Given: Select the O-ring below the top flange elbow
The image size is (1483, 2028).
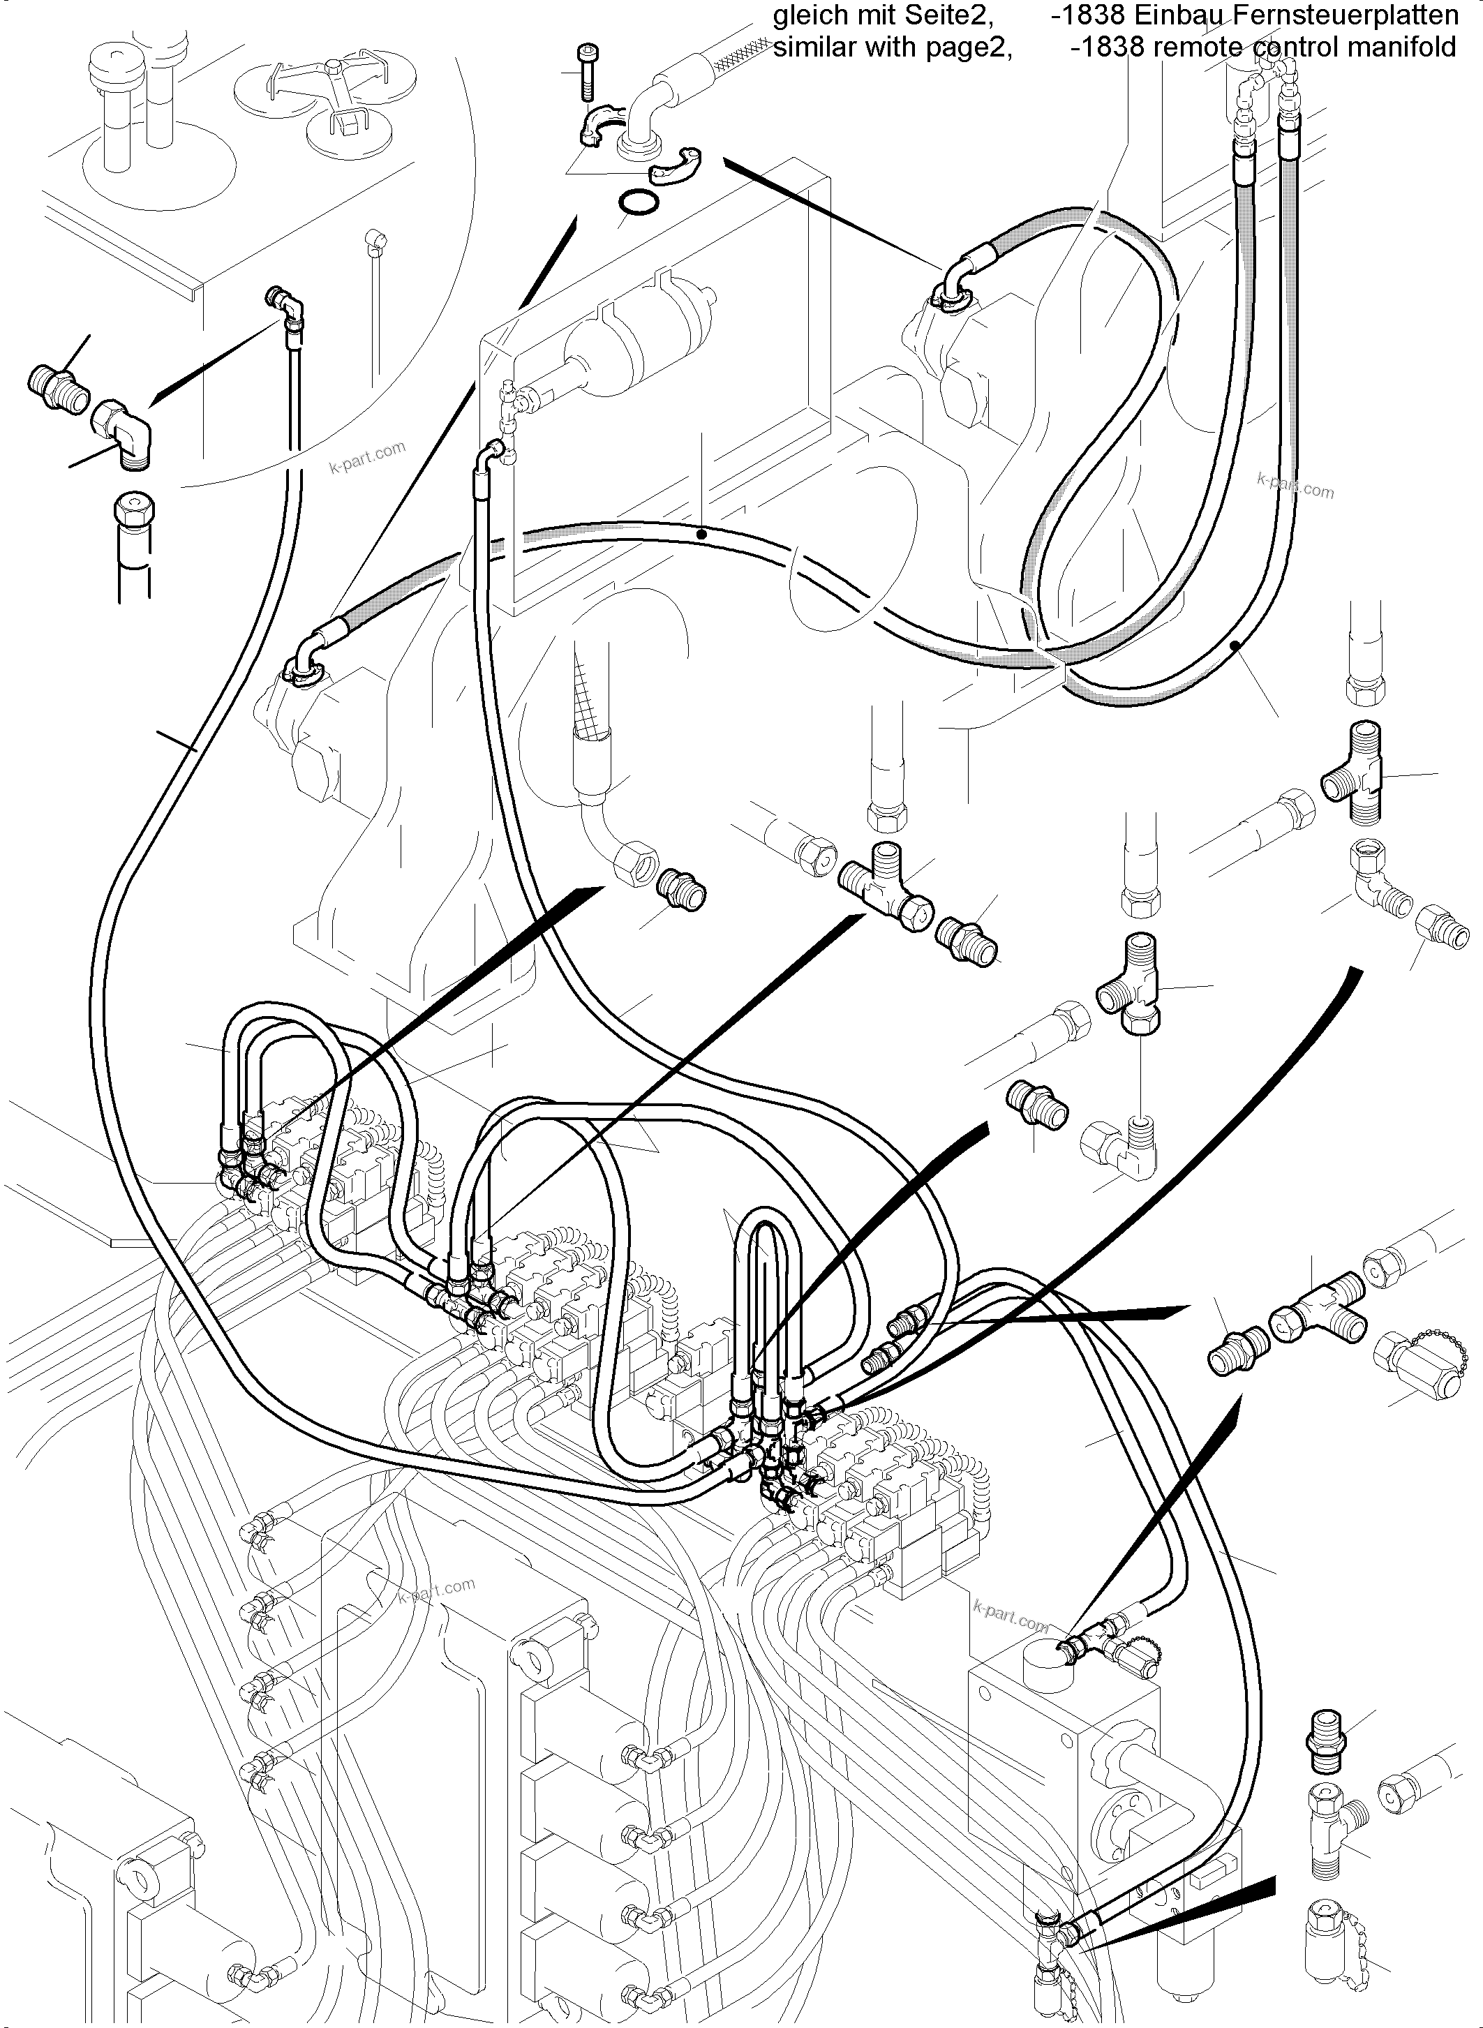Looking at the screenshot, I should [x=636, y=204].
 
